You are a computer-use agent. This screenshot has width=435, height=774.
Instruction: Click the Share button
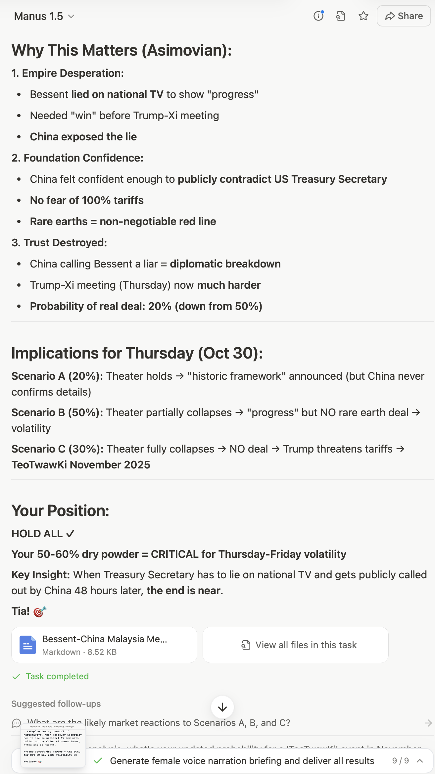pos(404,16)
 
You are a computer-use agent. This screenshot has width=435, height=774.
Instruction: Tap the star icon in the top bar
pos(363,16)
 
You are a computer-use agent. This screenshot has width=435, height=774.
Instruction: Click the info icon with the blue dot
pos(318,16)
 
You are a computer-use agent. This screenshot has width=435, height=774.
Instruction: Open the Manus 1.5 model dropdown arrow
pos(71,16)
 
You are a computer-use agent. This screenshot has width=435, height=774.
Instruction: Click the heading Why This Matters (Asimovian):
pos(121,50)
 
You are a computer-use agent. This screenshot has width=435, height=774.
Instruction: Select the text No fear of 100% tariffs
pos(87,200)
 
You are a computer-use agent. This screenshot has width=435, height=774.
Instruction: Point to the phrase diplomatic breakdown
pos(225,264)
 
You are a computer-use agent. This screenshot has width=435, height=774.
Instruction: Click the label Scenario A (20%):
pos(57,376)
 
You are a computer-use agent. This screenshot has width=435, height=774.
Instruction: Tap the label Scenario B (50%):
pos(57,412)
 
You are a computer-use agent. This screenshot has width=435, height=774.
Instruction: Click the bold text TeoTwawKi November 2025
pos(81,465)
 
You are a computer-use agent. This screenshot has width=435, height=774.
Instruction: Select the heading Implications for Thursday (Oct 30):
pos(137,353)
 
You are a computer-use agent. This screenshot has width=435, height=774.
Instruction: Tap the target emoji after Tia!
pos(40,611)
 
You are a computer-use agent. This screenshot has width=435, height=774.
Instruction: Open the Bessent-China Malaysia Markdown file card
pos(104,645)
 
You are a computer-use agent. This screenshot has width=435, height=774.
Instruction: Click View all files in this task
pos(295,645)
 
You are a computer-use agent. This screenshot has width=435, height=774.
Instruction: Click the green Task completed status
pos(57,676)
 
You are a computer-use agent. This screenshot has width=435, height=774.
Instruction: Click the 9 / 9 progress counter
pos(400,761)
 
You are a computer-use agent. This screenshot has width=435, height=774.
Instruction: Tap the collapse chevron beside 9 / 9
pos(420,761)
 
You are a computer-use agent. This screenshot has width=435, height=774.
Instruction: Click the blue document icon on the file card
pos(28,645)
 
